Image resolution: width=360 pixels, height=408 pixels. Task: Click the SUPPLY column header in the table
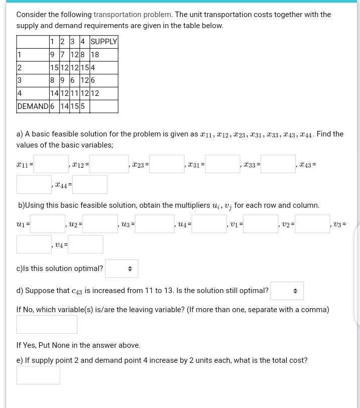(x=104, y=42)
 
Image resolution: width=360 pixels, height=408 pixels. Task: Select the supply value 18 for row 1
(x=95, y=55)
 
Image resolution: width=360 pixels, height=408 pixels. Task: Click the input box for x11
(x=51, y=164)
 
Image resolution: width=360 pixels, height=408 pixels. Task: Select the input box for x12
(x=109, y=164)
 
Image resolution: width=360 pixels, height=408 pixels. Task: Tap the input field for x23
(x=166, y=164)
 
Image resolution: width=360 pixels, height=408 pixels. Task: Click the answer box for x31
(x=222, y=164)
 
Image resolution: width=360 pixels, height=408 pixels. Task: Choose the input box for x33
(x=278, y=164)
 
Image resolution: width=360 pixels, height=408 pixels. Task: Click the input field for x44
(x=90, y=185)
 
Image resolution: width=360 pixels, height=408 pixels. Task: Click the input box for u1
(x=48, y=224)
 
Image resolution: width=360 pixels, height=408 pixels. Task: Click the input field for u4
(x=209, y=224)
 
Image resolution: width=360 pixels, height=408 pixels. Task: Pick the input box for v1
(x=261, y=224)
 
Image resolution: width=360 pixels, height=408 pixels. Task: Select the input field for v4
(x=85, y=244)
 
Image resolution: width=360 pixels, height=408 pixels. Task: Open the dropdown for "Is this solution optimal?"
(x=121, y=269)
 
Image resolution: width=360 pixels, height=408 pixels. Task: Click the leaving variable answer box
(x=47, y=324)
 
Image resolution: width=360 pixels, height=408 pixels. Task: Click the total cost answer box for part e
(x=38, y=375)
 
